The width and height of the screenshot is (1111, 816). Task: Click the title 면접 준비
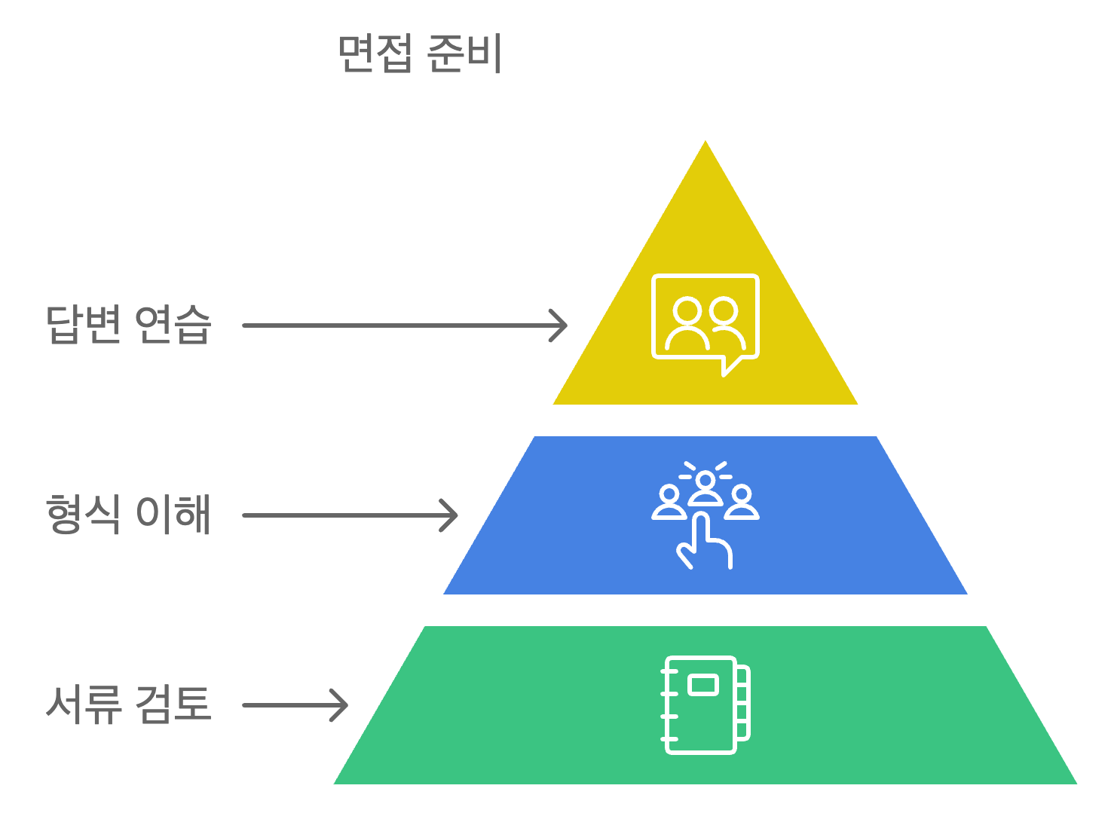coord(420,53)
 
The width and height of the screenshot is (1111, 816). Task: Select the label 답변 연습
coord(128,325)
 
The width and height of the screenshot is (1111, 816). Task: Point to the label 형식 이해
coord(128,515)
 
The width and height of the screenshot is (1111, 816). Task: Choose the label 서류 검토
coord(128,704)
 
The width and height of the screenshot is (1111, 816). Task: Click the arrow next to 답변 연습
coord(403,325)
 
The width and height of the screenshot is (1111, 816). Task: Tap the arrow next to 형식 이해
coord(349,515)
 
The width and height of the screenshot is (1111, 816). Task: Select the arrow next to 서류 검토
coord(294,705)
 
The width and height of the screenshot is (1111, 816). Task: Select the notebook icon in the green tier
coord(705,704)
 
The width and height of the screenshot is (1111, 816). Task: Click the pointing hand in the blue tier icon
coord(705,542)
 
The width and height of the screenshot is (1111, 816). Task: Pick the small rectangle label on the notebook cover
coord(703,684)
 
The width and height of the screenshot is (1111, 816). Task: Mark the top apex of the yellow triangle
coord(705,138)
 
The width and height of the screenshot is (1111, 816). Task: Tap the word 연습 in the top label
coord(173,325)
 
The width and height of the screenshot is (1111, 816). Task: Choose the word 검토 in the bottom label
coord(173,704)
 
